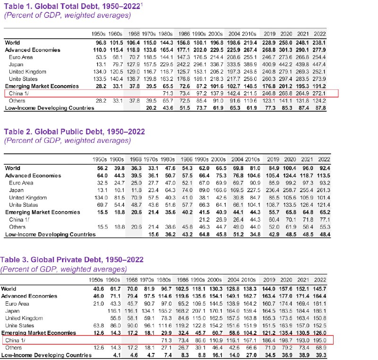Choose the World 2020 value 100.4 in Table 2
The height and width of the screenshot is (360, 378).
coord(286,168)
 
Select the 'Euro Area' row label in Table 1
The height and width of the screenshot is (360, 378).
coord(19,57)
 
